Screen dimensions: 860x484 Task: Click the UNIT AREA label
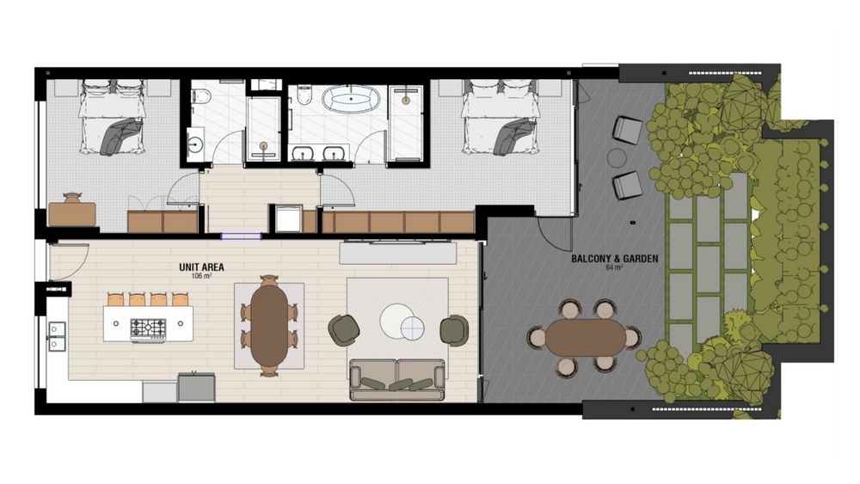click(x=201, y=267)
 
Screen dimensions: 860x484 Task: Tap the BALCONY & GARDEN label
click(x=615, y=259)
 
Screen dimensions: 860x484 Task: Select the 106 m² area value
click(x=201, y=276)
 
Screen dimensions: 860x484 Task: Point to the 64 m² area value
click(x=614, y=268)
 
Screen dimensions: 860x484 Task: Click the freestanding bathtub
click(x=351, y=99)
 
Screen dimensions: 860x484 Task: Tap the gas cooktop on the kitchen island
click(x=148, y=329)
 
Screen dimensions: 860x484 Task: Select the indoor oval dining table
click(x=269, y=326)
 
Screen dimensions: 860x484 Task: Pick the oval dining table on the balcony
click(x=585, y=337)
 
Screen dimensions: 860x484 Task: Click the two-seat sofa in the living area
click(x=397, y=380)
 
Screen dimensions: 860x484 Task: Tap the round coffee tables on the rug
click(x=402, y=322)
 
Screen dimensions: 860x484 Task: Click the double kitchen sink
click(x=57, y=336)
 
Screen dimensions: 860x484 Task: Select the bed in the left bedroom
click(x=112, y=117)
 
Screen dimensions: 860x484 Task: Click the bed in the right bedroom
click(x=499, y=117)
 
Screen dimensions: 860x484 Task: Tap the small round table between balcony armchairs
click(x=617, y=158)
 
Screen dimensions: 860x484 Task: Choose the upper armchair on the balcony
click(x=627, y=130)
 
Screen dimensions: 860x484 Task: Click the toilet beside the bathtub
click(x=304, y=95)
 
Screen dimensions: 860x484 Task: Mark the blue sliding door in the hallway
click(x=241, y=236)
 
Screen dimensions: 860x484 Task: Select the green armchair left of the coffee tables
click(x=344, y=330)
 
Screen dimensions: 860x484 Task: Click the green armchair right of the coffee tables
click(x=454, y=330)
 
